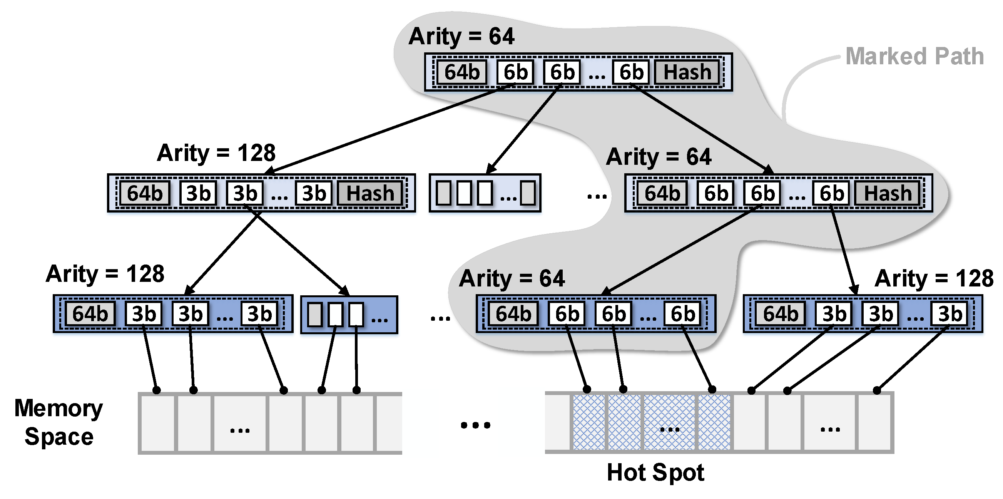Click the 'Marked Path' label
(x=914, y=57)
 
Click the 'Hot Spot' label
(x=655, y=472)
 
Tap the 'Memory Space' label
(x=59, y=422)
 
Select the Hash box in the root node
(x=687, y=72)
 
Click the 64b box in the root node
(x=462, y=72)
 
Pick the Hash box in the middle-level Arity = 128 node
(x=370, y=193)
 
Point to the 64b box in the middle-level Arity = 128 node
(x=144, y=193)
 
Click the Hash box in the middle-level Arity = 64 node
(x=888, y=193)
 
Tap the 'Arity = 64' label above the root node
(x=461, y=36)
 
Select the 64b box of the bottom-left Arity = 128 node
(x=90, y=313)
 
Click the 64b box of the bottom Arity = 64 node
(x=513, y=313)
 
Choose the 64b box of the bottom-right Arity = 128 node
(x=780, y=313)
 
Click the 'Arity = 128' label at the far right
(x=934, y=278)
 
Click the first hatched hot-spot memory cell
(x=589, y=422)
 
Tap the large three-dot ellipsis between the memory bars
(x=475, y=425)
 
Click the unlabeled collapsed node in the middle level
(x=485, y=193)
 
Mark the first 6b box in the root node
(x=515, y=72)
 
